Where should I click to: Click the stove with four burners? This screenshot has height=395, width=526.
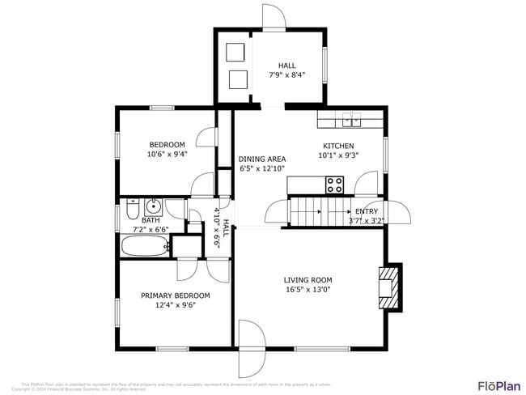pos(335,185)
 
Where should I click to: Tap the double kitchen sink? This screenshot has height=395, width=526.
pos(351,121)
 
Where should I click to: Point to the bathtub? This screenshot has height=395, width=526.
pos(145,246)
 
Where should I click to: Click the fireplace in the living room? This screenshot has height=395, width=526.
pos(389,287)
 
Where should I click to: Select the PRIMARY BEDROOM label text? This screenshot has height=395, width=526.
pos(175,295)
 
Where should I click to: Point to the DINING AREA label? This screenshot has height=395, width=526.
pos(262,159)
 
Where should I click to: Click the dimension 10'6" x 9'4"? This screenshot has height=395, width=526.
pos(167,155)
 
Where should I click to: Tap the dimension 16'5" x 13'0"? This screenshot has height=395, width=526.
pos(307,289)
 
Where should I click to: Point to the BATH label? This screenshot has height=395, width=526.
pos(151,220)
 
